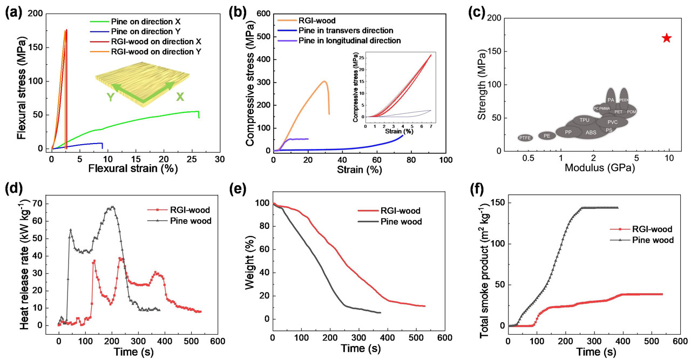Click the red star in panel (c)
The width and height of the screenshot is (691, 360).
tap(667, 38)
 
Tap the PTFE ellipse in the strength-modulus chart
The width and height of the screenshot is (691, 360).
tap(525, 138)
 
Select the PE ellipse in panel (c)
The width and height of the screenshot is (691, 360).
tap(547, 136)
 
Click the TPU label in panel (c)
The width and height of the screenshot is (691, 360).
tap(584, 120)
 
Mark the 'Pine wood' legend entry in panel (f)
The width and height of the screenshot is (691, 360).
tap(652, 240)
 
